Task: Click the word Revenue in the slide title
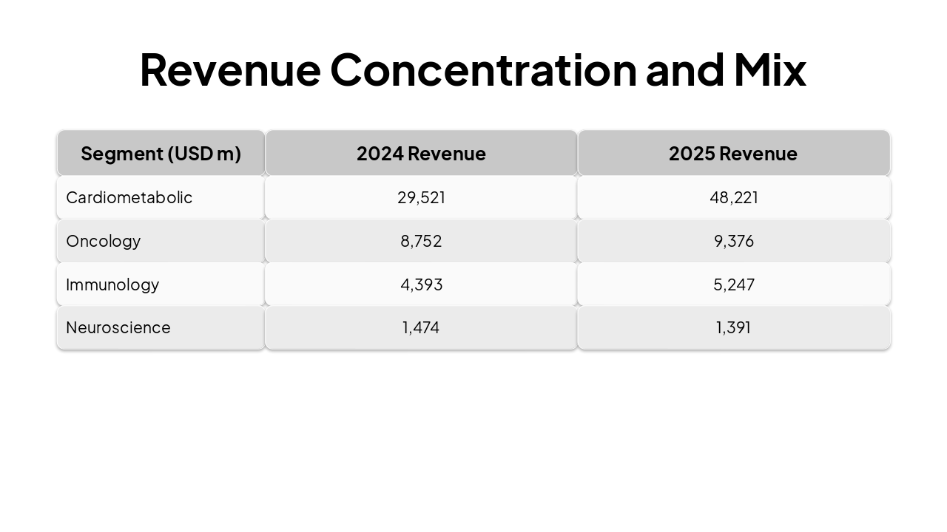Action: coord(229,69)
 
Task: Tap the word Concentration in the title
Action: coord(483,69)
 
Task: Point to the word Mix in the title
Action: coord(769,69)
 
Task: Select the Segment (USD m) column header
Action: coord(161,154)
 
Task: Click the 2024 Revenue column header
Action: coord(421,154)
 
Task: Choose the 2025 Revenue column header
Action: coord(733,154)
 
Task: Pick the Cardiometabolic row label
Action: coord(129,197)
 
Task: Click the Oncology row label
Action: coord(103,241)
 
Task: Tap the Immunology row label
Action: coord(112,284)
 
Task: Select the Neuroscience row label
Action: coord(118,327)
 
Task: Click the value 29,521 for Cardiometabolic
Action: coord(421,197)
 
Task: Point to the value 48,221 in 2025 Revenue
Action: coord(733,197)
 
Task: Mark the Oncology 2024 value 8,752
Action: coord(421,241)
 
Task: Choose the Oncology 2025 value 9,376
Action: coord(733,241)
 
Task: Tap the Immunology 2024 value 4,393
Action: coord(421,284)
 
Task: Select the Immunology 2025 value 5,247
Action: coord(733,284)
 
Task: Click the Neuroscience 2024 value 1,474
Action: coord(421,327)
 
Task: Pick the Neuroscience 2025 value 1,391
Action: coord(733,327)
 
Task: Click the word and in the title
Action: coord(684,69)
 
